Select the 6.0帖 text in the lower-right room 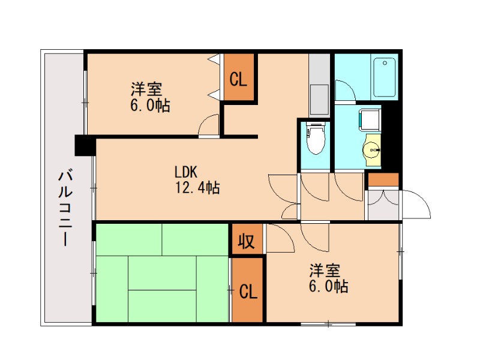pos(328,287)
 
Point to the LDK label pos(187,170)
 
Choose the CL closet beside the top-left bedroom pos(239,79)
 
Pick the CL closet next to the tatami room pos(248,292)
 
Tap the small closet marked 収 pos(245,241)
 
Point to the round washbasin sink pos(373,148)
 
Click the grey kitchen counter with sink pos(319,84)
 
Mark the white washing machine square pos(368,118)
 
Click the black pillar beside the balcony pos(84,146)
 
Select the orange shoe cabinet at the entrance pos(383,179)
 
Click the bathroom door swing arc pos(344,90)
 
